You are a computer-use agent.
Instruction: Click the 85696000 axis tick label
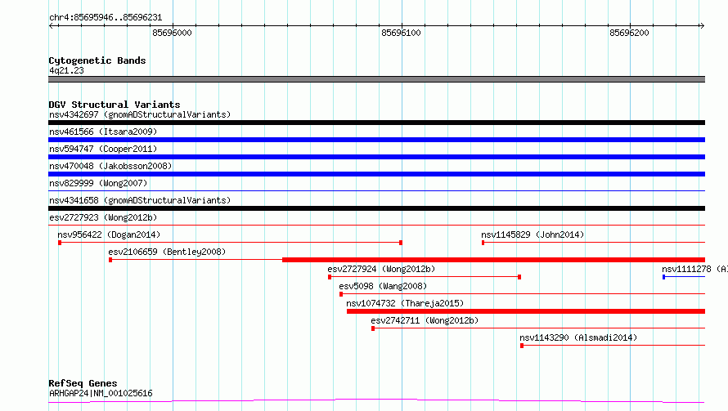pos(172,33)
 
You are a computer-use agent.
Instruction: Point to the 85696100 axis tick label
pos(401,33)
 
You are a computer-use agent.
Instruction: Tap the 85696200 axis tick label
pos(629,33)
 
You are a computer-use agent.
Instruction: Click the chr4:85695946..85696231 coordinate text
pos(106,18)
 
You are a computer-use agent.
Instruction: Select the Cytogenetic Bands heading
pos(97,60)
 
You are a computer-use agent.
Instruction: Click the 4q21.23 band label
pos(66,70)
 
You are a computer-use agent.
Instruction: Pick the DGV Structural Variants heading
pos(115,105)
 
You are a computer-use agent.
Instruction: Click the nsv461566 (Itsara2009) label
pos(103,132)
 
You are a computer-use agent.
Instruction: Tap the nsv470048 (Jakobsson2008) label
pos(110,166)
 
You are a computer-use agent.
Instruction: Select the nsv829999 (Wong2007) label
pos(98,183)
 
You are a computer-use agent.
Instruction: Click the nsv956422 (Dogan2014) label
pos(109,235)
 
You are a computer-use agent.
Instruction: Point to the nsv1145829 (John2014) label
pos(533,235)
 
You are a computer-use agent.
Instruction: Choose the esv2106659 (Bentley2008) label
pos(167,252)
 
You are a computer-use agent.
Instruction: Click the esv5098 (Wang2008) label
pos(383,286)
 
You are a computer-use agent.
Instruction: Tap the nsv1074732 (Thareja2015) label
pos(405,303)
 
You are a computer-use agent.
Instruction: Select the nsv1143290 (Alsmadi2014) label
pos(578,337)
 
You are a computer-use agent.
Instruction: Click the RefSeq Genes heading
pos(83,383)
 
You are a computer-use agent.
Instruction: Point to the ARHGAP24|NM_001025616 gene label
pos(101,393)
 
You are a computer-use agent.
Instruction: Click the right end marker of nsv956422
pos(401,243)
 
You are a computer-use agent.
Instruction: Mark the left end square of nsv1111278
pos(664,277)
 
